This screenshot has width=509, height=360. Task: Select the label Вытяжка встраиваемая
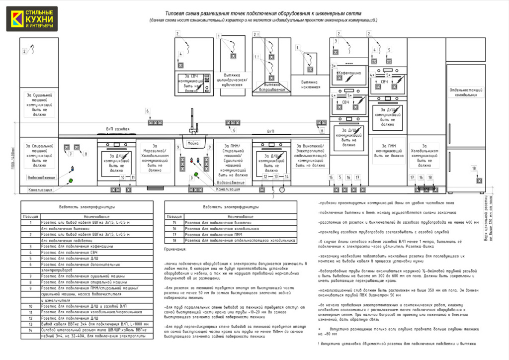pos(271,88)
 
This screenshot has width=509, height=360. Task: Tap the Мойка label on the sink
pos(193,143)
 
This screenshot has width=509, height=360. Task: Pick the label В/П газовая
pos(118,129)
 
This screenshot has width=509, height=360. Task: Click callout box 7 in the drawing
pos(71,154)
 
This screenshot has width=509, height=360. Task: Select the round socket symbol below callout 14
pos(283,189)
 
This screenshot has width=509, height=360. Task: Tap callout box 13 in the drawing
pos(276,177)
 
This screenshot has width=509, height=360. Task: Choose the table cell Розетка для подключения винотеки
pos(222,223)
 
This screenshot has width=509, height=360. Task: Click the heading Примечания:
pos(175,249)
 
